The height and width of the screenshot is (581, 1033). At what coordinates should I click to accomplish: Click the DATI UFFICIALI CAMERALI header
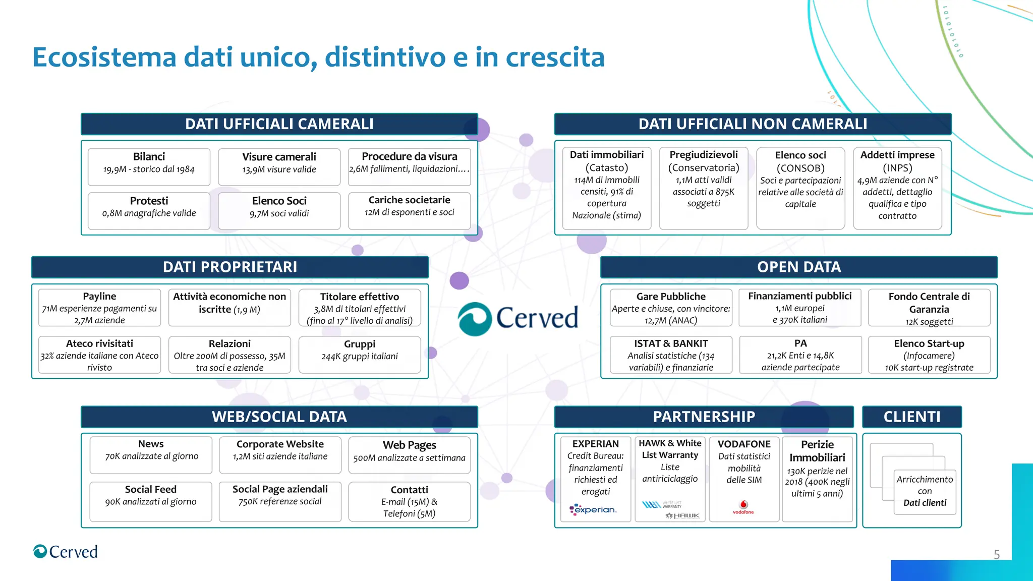279,124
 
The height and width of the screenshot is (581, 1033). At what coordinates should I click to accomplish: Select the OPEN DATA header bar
798,267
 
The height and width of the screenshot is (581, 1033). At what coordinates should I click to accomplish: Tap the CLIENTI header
911,417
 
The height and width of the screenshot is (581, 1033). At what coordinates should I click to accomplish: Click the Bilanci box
149,166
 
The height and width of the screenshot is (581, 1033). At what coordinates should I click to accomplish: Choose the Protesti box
149,210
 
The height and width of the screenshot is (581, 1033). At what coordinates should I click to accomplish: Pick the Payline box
99,307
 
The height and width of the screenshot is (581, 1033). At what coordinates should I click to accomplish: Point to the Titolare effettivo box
359,307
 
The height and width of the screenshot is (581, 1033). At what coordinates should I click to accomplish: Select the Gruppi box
359,354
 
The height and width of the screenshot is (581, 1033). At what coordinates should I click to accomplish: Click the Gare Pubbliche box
670,307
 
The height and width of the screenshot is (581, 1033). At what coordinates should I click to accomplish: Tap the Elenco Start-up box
929,355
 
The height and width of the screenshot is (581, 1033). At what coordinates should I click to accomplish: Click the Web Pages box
409,454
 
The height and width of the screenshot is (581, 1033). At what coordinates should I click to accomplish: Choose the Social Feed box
150,501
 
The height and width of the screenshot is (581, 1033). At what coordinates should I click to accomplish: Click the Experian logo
593,510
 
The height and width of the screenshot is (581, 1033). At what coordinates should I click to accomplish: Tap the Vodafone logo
743,507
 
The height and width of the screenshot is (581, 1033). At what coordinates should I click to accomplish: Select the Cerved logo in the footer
66,552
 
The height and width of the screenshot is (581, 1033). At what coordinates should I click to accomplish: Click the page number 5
996,555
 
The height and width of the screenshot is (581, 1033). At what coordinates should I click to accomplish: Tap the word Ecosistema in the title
104,57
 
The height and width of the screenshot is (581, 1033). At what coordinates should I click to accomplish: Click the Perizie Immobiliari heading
817,451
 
